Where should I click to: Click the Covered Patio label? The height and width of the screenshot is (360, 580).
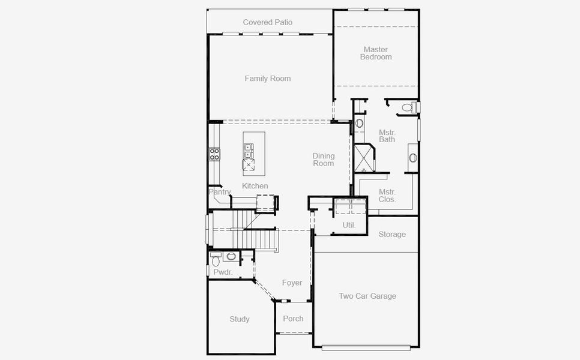[268, 22]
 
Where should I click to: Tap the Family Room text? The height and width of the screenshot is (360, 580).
[268, 79]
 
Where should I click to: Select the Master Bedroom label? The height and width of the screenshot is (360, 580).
[376, 53]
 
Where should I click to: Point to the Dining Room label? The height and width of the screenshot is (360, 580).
[323, 160]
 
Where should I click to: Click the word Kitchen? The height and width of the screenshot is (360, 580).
[255, 186]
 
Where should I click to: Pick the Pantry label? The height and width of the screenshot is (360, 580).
[220, 192]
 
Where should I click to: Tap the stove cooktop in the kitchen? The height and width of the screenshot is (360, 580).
[214, 154]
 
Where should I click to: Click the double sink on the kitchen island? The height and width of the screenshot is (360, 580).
[247, 150]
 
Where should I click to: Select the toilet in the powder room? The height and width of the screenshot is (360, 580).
[216, 260]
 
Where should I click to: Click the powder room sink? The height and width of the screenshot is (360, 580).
[231, 256]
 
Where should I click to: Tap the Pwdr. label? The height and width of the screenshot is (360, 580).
[223, 272]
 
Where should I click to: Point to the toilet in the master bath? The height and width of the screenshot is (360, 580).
[407, 108]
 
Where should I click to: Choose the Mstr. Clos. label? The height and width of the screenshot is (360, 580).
[387, 196]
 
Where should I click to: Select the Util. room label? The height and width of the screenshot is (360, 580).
[349, 226]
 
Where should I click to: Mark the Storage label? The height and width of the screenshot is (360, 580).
[392, 235]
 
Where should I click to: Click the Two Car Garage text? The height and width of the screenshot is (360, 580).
[367, 296]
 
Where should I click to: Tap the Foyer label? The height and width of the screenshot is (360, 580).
[292, 283]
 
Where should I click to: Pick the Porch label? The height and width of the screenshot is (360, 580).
[294, 319]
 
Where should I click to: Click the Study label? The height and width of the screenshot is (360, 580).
[240, 319]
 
